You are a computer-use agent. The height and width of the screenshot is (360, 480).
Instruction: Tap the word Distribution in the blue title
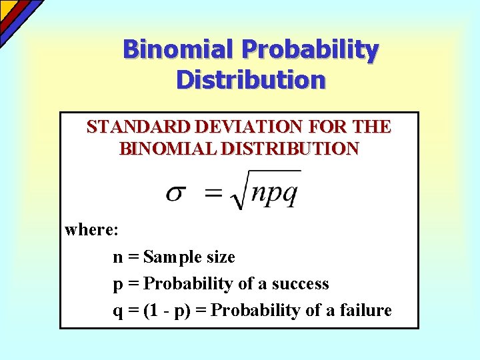pos(251,79)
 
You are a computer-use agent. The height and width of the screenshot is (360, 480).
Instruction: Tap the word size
pos(219,257)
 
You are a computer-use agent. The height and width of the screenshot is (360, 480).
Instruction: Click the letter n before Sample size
pos(118,257)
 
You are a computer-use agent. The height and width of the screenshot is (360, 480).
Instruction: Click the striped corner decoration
pos(17,17)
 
